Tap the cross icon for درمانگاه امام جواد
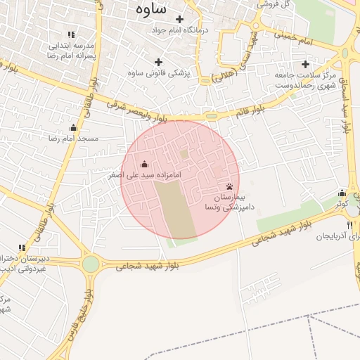pyautogui.click(x=179, y=19)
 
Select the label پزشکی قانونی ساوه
pyautogui.click(x=157, y=72)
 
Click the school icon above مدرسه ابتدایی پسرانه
pyautogui.click(x=70, y=34)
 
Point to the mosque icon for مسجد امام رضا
pyautogui.click(x=73, y=127)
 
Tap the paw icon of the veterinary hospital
pyautogui.click(x=229, y=186)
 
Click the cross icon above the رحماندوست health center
pyautogui.click(x=305, y=64)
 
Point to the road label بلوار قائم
pyautogui.click(x=250, y=110)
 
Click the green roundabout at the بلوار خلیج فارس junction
pyautogui.click(x=91, y=264)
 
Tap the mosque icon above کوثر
pyautogui.click(x=342, y=193)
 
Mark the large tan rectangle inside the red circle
pyautogui.click(x=174, y=209)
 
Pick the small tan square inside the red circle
pyautogui.click(x=184, y=153)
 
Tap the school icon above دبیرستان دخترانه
pyautogui.click(x=22, y=248)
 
